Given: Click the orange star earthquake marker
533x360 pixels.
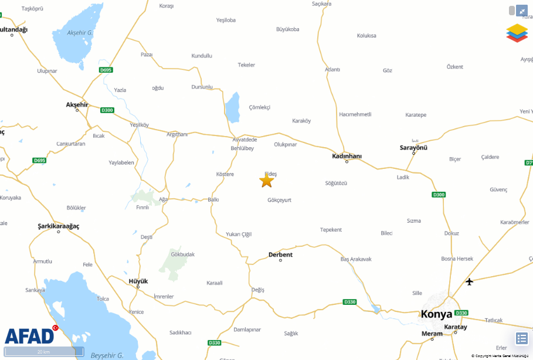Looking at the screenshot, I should click(x=267, y=181).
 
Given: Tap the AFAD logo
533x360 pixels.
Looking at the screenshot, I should click(x=29, y=336).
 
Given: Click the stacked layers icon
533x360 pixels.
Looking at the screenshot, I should click(x=517, y=33).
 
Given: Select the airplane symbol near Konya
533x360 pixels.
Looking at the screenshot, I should click(x=469, y=282).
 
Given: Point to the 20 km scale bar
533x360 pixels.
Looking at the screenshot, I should click(x=44, y=351).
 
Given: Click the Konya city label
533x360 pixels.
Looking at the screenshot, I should click(x=437, y=314).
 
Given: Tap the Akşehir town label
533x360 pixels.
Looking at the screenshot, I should click(x=77, y=104).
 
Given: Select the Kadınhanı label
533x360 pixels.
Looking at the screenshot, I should click(x=347, y=156).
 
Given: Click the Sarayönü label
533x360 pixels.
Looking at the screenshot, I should click(x=413, y=148).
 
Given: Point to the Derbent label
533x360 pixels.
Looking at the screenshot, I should click(x=280, y=254).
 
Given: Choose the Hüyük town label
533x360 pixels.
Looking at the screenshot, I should click(x=138, y=281).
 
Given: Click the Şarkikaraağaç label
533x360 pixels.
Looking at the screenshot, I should click(x=58, y=226).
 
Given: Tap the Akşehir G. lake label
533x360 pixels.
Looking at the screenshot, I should click(x=80, y=33).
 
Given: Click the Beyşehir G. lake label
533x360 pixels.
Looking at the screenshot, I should click(x=107, y=355).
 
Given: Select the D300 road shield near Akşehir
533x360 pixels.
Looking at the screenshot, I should click(x=107, y=110).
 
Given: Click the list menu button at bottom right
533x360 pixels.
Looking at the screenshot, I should click(x=521, y=338).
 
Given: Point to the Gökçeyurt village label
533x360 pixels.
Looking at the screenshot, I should click(x=279, y=200).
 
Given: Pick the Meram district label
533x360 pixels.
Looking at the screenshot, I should click(x=432, y=334).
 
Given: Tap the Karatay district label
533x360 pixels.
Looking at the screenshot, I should click(x=456, y=327).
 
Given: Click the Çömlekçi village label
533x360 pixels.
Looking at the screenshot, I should click(x=259, y=107).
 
